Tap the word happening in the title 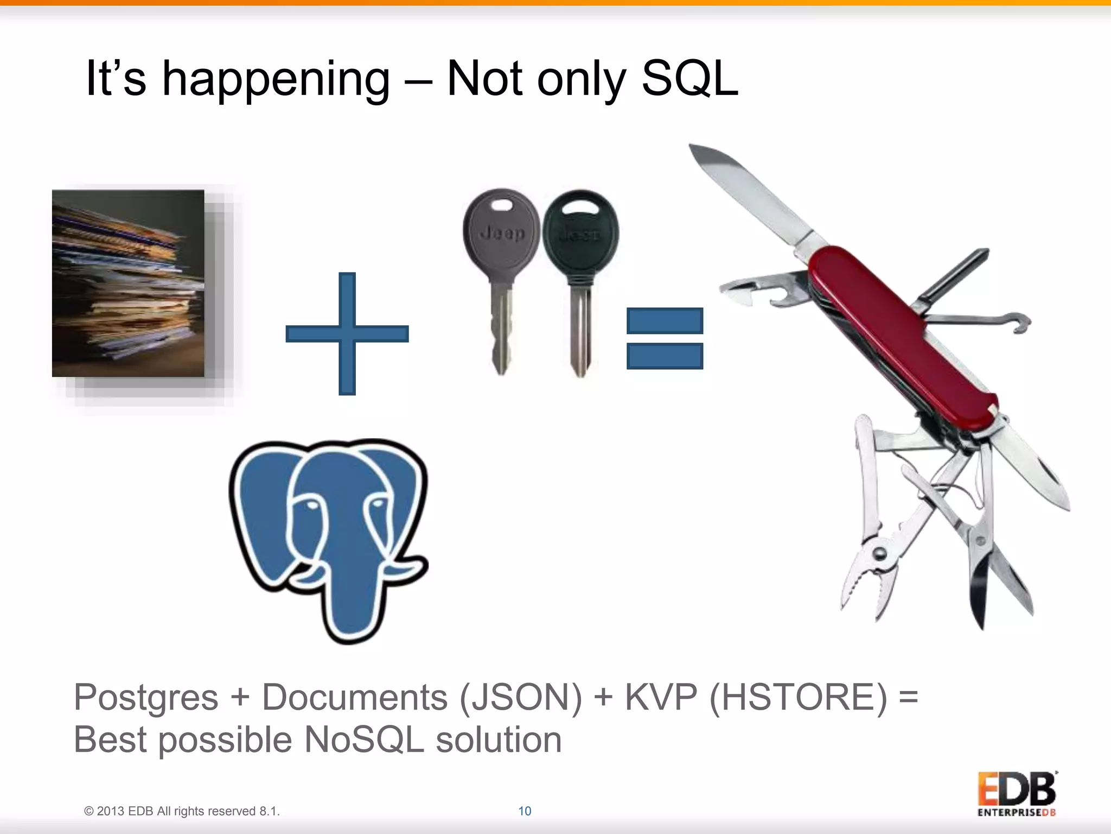click(276, 80)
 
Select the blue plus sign click(347, 333)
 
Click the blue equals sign click(665, 338)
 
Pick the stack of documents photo click(128, 283)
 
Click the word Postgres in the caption click(145, 698)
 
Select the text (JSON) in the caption click(520, 697)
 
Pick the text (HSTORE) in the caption click(797, 697)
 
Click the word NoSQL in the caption click(363, 740)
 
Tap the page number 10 click(525, 811)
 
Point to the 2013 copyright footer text click(182, 811)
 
